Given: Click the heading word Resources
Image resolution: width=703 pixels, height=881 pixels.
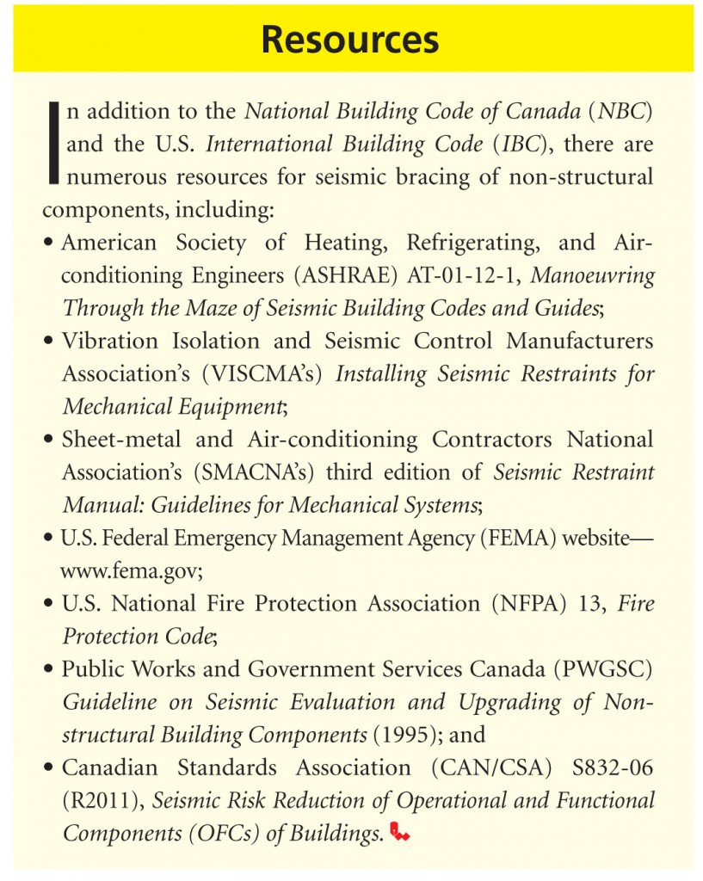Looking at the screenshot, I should coord(350,40).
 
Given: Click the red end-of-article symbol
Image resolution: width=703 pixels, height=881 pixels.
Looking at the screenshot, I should coord(400,832).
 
